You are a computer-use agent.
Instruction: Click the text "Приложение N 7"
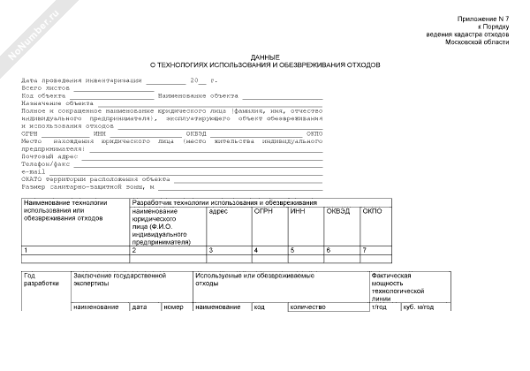pos(485,19)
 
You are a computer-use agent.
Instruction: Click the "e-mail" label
pos(33,171)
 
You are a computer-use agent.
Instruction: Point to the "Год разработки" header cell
pos(42,280)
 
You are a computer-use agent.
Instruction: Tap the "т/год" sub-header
pos(381,307)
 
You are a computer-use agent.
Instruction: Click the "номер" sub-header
pos(174,307)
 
